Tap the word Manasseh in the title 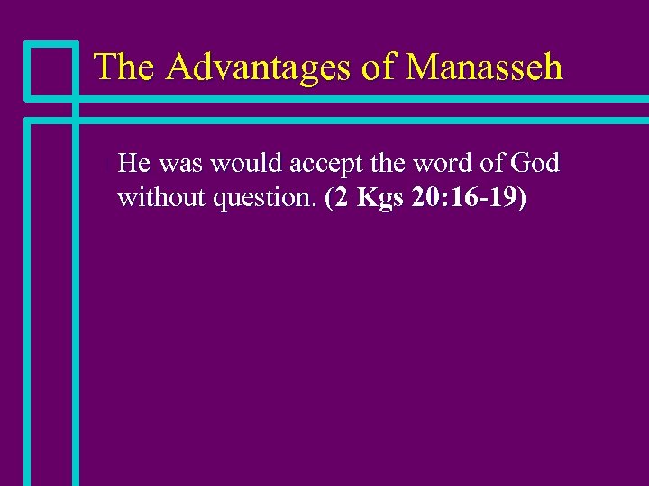tap(484, 67)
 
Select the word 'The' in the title tap(125, 67)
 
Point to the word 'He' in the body tap(133, 164)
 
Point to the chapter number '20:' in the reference tap(429, 197)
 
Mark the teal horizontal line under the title tap(361, 98)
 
